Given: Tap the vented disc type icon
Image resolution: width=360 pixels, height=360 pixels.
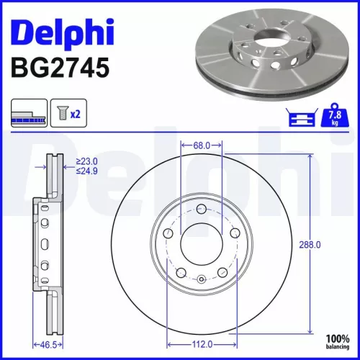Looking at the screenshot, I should (x=29, y=114).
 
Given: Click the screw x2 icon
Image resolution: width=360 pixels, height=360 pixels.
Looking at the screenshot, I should (x=68, y=114).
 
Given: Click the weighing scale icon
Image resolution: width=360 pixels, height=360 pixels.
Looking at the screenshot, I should (x=303, y=115).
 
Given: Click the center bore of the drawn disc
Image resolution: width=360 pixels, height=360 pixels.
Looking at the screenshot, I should (x=202, y=245).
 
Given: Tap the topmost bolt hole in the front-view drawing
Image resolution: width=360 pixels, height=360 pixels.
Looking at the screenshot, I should (x=202, y=210).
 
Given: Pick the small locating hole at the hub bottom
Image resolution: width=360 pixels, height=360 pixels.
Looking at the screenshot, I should (x=202, y=279).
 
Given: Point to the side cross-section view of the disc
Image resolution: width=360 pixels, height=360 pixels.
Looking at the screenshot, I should (x=45, y=245).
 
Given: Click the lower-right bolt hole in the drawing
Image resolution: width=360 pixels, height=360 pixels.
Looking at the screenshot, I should (x=223, y=273).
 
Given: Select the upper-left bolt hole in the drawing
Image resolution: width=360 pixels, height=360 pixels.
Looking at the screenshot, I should (x=168, y=234).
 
